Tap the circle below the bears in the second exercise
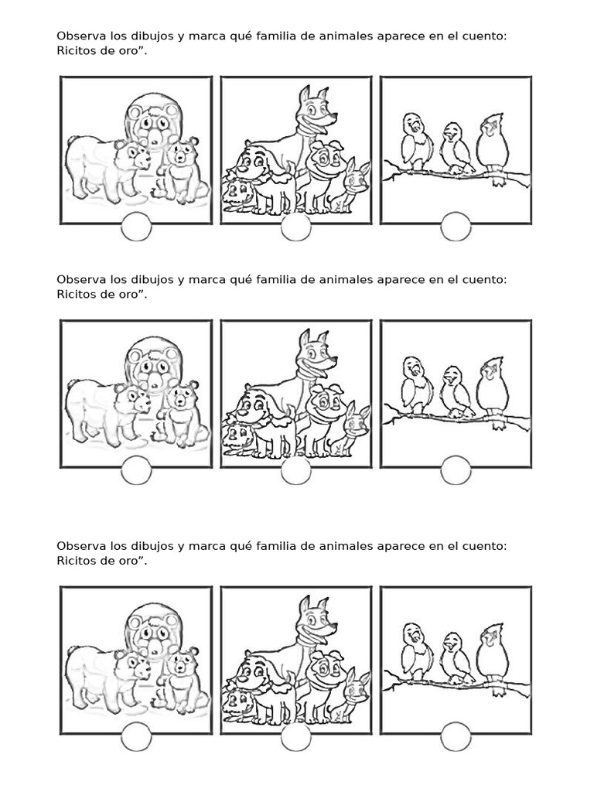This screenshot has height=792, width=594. click(x=136, y=470)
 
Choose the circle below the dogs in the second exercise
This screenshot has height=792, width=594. click(x=296, y=470)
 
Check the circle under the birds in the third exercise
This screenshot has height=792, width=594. click(x=456, y=737)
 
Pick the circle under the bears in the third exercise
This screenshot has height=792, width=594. click(x=136, y=737)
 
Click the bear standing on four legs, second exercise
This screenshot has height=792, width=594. click(x=108, y=411)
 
